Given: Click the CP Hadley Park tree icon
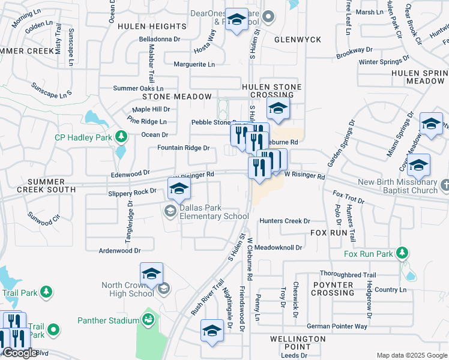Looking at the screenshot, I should (x=121, y=137).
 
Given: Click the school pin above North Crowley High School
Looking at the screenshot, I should (x=152, y=274).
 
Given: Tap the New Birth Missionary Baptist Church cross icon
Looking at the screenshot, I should (x=444, y=185).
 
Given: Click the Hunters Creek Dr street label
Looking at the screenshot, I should (x=285, y=221).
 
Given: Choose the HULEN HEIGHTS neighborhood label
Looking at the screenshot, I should (x=152, y=26).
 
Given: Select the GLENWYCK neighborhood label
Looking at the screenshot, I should (x=298, y=40).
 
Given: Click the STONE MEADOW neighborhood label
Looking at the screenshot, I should (x=176, y=97).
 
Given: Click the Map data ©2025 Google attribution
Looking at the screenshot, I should (x=412, y=355).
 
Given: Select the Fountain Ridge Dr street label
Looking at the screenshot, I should (x=183, y=148).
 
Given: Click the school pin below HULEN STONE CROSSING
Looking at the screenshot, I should (x=278, y=109).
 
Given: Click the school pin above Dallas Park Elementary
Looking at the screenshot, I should (x=179, y=189).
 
